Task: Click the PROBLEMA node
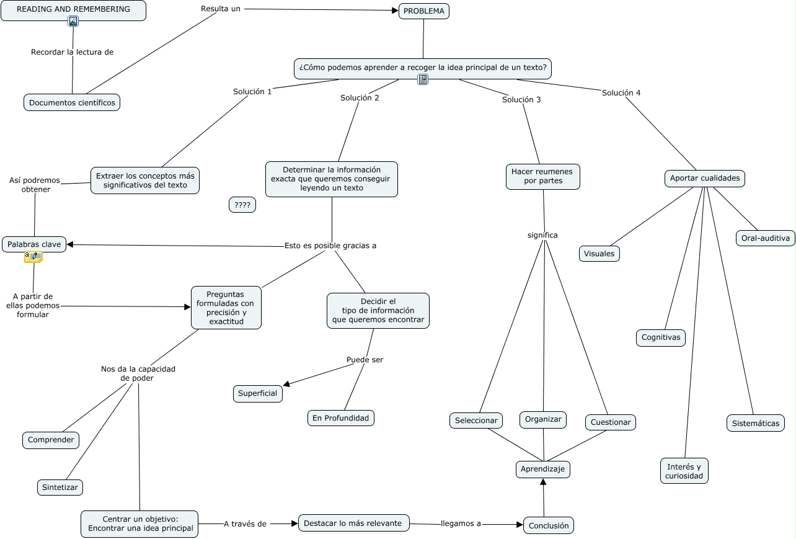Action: coord(423,11)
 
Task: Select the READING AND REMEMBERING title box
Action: coord(73,11)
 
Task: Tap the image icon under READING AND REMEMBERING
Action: coord(73,22)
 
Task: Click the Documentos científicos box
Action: coord(72,102)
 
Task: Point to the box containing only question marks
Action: coord(242,205)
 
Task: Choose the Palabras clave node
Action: coord(34,244)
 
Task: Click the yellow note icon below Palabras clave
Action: coord(33,257)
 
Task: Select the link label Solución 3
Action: coord(521,100)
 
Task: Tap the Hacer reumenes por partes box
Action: coord(543,176)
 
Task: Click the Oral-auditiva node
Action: coord(766,238)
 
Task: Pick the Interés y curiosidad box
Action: coord(684,471)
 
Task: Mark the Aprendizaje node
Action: coord(542,469)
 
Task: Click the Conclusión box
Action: coord(548,525)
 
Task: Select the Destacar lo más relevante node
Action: coord(353,523)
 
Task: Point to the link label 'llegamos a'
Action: coord(461,523)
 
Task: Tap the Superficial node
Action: coord(258,393)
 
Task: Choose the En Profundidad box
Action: coord(340,418)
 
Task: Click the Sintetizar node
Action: coord(60,487)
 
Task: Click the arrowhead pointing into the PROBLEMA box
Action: coord(395,11)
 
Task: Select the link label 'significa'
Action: coord(542,235)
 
